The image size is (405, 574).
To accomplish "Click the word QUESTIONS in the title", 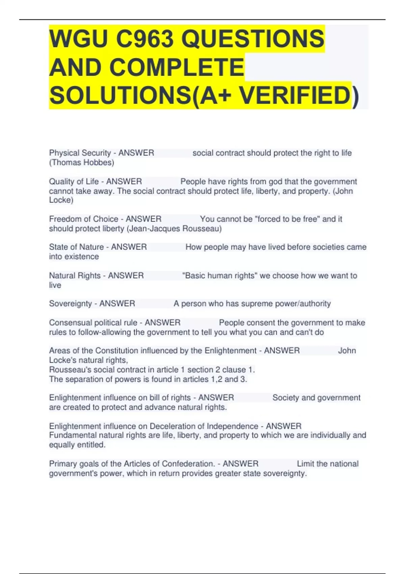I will (x=253, y=38).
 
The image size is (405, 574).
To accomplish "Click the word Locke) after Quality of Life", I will (x=61, y=200).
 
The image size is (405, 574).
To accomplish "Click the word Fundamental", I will (x=73, y=435).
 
